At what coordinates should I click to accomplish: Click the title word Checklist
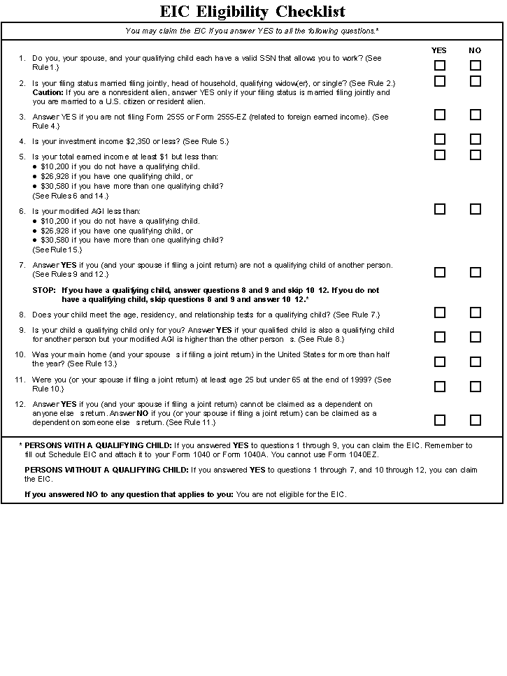click(310, 12)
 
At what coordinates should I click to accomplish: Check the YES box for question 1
click(440, 66)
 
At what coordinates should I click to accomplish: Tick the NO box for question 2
click(476, 81)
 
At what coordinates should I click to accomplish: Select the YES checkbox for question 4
click(440, 139)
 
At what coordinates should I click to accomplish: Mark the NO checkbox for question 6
click(476, 209)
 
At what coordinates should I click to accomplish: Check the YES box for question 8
click(440, 312)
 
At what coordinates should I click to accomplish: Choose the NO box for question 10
click(476, 361)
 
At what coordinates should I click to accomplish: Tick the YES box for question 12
click(440, 420)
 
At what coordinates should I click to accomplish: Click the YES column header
click(439, 50)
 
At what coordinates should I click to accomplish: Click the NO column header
click(476, 50)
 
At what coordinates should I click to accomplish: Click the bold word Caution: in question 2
click(48, 92)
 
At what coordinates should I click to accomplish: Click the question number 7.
click(22, 265)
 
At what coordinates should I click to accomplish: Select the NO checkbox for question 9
click(476, 337)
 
